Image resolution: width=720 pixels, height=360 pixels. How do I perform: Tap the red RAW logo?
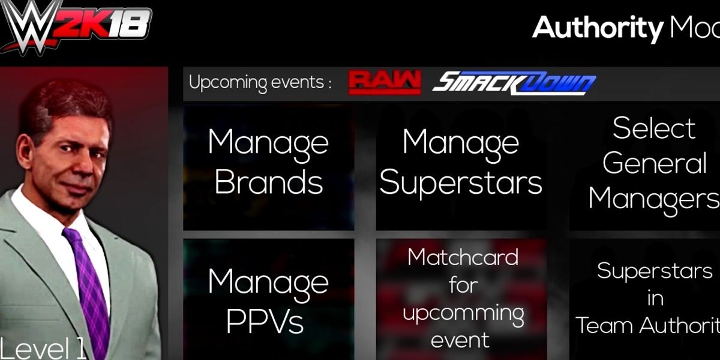click(x=384, y=83)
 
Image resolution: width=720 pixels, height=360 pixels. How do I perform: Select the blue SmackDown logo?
click(x=514, y=84)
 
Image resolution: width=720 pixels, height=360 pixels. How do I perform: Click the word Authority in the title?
click(x=597, y=27)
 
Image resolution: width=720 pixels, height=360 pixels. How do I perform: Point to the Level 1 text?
click(x=43, y=347)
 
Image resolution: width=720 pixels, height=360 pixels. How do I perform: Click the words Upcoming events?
click(x=260, y=83)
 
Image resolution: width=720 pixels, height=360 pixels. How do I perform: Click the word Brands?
click(x=268, y=182)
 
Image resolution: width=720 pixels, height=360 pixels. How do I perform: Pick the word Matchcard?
click(x=463, y=257)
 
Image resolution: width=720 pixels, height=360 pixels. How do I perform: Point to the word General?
click(x=655, y=163)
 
